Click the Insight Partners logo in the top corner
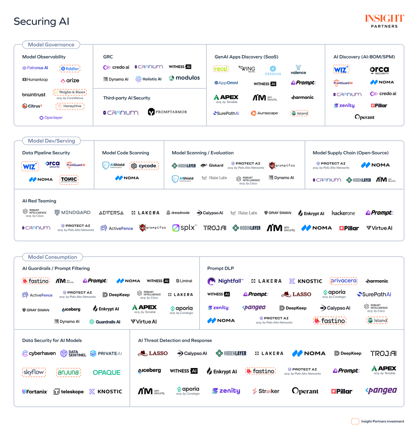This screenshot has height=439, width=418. (384, 21)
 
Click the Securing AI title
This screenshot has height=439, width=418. (41, 21)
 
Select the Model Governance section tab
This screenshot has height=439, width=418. (51, 45)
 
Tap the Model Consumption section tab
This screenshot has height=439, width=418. (52, 257)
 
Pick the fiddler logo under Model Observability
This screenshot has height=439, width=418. (70, 68)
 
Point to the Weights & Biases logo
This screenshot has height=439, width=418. (70, 92)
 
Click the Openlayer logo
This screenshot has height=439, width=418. (51, 118)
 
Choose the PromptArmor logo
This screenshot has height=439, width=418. (167, 112)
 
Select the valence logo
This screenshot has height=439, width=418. (298, 70)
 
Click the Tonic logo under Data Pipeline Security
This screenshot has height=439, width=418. (69, 179)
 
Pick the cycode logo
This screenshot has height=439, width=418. (144, 166)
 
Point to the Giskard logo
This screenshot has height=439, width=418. (212, 165)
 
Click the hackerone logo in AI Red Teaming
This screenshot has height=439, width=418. (343, 213)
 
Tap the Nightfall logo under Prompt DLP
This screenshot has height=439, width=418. (225, 281)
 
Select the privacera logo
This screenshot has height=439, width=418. (343, 281)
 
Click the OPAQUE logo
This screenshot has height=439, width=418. (107, 372)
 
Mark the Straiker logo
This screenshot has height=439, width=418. (266, 391)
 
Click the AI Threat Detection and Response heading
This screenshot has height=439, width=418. (175, 341)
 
